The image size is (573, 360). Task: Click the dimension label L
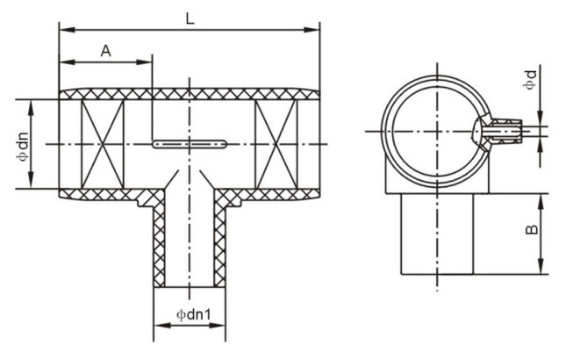coord(190,18)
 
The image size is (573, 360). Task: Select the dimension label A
coord(105,51)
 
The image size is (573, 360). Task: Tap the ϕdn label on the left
coord(22,146)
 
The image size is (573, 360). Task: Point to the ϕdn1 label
coord(193,314)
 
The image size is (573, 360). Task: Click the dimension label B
coord(531,229)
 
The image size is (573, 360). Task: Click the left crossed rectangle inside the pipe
coord(103,144)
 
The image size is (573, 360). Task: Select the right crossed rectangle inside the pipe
coord(276,144)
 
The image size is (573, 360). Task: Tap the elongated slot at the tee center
coord(190,144)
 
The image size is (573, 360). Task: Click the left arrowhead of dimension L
coord(67,29)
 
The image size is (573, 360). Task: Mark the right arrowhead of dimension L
coord(312,29)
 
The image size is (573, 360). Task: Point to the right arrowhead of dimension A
coord(144,61)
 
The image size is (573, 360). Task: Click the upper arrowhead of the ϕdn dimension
coord(31,107)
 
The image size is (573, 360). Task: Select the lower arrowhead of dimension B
coord(541,266)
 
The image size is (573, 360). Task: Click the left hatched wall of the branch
coord(159,241)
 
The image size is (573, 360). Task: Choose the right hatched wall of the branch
coord(219,241)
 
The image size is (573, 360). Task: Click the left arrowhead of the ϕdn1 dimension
coord(161,325)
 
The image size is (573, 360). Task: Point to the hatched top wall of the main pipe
coord(190,94)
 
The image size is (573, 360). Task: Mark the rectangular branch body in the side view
coord(437,234)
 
